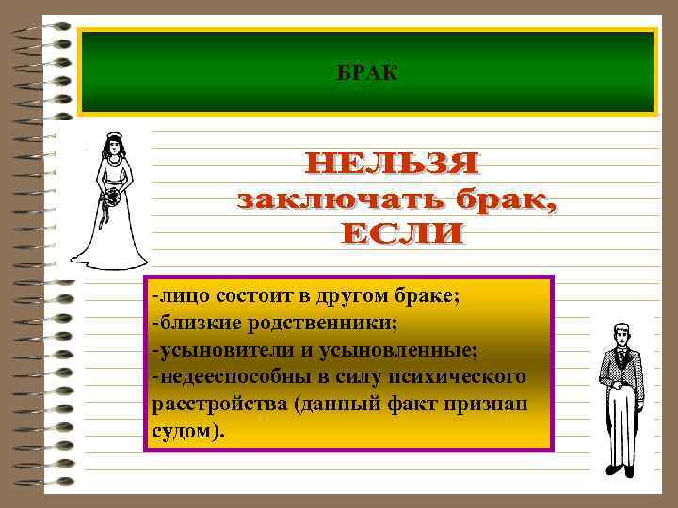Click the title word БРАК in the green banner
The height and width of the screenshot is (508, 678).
point(367,71)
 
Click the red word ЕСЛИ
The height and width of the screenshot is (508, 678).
point(403,232)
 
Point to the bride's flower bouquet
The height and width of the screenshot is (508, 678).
point(112,198)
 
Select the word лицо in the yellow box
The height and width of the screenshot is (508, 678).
point(185,296)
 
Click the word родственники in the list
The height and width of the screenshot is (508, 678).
point(322,324)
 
